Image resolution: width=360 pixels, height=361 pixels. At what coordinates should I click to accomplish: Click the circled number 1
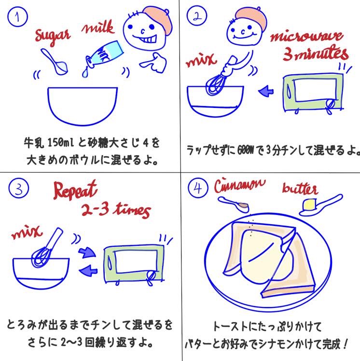17,16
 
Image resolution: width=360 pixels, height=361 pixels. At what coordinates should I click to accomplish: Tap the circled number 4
198,188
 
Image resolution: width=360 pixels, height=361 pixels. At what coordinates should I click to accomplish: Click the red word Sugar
52,36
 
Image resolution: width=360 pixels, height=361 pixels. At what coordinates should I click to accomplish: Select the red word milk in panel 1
98,27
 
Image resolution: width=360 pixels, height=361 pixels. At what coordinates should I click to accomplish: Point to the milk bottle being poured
104,55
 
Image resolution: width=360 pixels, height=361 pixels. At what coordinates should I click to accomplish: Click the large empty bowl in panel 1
83,106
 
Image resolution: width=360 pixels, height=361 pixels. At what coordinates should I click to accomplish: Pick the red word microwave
307,37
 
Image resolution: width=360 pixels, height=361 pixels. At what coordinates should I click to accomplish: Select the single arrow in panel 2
266,91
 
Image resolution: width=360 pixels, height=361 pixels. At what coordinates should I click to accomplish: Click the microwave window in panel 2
315,90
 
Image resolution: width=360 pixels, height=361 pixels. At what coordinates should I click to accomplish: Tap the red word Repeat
75,190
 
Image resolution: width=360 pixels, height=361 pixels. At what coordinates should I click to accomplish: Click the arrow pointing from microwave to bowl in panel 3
88,270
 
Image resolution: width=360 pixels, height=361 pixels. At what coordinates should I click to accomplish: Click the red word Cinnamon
240,186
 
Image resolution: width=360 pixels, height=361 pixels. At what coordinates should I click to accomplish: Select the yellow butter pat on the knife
309,204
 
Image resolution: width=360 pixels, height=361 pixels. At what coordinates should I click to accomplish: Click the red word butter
300,189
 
